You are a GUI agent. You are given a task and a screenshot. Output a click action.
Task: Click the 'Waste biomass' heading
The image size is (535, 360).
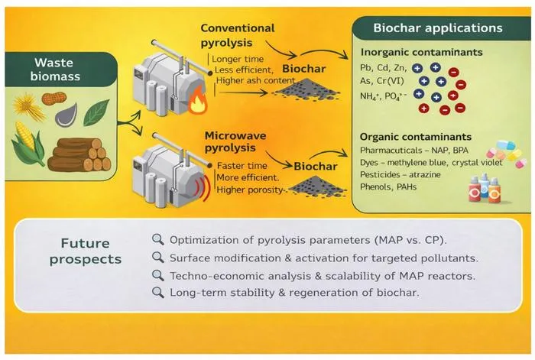pos(55,70)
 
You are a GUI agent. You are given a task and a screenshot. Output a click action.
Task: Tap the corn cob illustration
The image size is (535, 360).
pos(28,144)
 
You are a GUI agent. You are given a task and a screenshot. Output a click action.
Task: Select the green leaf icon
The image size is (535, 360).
pos(96,112)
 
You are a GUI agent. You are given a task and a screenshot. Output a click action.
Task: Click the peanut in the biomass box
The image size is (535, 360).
pos(54,99)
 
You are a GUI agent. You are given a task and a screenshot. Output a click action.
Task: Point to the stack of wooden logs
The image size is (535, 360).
pos(79,154)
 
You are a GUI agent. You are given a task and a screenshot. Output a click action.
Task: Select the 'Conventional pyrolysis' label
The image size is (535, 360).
pos(238,35)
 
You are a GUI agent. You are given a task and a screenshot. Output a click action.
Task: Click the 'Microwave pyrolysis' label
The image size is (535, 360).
pos(235,141)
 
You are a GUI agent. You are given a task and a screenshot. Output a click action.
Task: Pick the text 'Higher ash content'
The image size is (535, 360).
pos(255,80)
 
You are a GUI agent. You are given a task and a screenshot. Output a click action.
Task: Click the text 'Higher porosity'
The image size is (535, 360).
pos(250,190)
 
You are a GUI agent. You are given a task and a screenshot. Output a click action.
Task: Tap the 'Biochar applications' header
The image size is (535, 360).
pos(438,28)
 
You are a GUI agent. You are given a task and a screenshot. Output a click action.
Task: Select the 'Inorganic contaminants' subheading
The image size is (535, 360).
pos(421,52)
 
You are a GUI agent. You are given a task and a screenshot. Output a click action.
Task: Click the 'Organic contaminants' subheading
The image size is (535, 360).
pos(416,137)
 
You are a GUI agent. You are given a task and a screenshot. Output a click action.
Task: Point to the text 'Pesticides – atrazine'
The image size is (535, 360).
pos(400,175)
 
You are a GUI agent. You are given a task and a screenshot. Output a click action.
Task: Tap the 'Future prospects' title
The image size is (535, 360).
pos(86,251)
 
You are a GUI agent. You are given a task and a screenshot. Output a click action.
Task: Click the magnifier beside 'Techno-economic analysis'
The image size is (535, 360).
pos(158,275)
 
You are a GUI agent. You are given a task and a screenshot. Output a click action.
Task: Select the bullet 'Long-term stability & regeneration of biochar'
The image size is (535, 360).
pos(294,293)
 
